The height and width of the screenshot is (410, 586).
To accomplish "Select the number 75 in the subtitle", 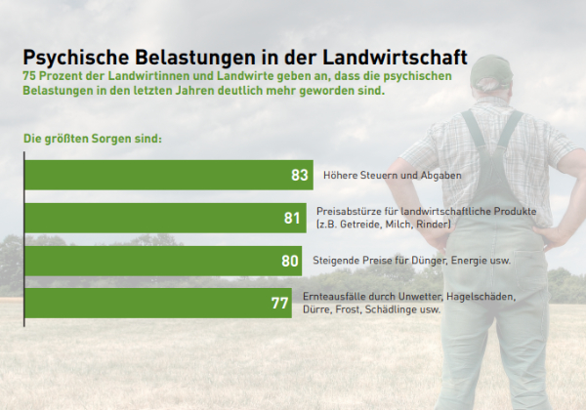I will coord(30,75).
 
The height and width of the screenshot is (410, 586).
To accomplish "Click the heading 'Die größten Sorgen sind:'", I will coord(92,139).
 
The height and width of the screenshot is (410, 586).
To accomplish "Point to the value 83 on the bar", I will coord(299,176).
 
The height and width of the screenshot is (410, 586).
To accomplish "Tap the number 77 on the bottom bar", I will coord(279,303).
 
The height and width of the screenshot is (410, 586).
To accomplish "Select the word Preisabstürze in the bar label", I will coord(345,211).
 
